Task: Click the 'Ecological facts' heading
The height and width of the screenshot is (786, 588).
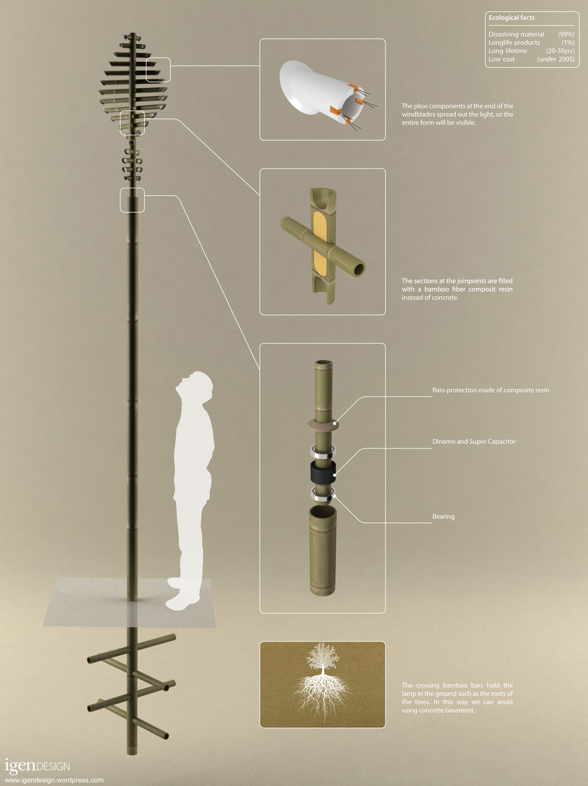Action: pyautogui.click(x=512, y=18)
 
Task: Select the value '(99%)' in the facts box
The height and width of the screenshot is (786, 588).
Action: pyautogui.click(x=566, y=34)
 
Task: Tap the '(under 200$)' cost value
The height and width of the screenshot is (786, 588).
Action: pyautogui.click(x=556, y=59)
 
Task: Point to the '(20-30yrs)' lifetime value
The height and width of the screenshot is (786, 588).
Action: pyautogui.click(x=560, y=51)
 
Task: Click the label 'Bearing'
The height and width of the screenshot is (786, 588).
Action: pyautogui.click(x=444, y=516)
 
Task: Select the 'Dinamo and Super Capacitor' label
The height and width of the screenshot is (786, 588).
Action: pyautogui.click(x=474, y=442)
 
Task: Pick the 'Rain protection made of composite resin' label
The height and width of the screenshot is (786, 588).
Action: pyautogui.click(x=491, y=390)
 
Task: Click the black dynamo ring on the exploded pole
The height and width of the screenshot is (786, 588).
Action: pyautogui.click(x=323, y=472)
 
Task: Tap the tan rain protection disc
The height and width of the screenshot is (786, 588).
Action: pyautogui.click(x=323, y=425)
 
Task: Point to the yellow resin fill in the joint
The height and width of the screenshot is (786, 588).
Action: pyautogui.click(x=320, y=244)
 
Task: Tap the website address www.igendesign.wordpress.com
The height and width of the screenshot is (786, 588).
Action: pyautogui.click(x=54, y=780)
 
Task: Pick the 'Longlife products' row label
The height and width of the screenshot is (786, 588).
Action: pyautogui.click(x=514, y=43)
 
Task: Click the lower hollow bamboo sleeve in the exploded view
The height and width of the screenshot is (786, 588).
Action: pyautogui.click(x=323, y=550)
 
